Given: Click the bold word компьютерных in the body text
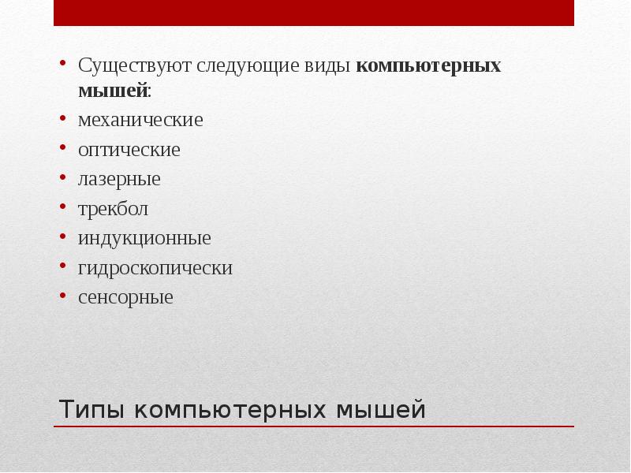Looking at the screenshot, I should [428, 66].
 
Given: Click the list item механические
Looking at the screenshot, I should [140, 121].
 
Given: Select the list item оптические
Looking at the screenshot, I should [129, 150].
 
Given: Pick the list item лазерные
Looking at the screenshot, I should [119, 180].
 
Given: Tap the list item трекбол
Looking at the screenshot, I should [113, 210].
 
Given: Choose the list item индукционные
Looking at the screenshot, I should [144, 238].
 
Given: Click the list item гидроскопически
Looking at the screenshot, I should [155, 268].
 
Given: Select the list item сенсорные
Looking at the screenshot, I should [125, 298].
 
